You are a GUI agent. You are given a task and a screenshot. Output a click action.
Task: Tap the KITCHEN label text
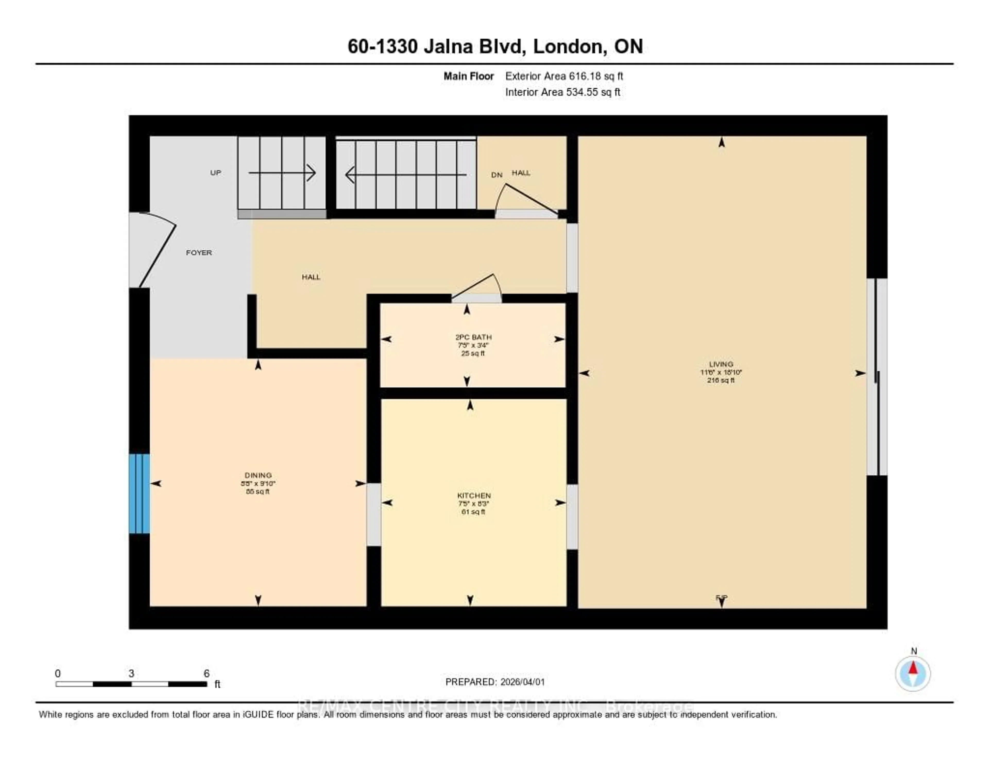tap(474, 495)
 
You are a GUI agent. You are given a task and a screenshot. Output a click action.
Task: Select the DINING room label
tap(258, 475)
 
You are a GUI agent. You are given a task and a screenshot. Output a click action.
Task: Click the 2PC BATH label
tap(473, 337)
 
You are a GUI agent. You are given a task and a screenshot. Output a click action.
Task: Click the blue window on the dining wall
tap(139, 493)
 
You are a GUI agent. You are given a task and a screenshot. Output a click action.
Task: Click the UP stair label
tap(216, 173)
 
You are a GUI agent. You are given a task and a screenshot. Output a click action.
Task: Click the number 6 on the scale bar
tap(207, 673)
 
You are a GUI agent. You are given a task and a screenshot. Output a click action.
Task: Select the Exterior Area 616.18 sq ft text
tap(564, 76)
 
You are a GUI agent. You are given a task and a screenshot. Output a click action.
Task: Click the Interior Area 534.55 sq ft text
tap(562, 92)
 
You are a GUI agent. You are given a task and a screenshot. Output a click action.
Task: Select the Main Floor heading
tap(468, 76)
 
